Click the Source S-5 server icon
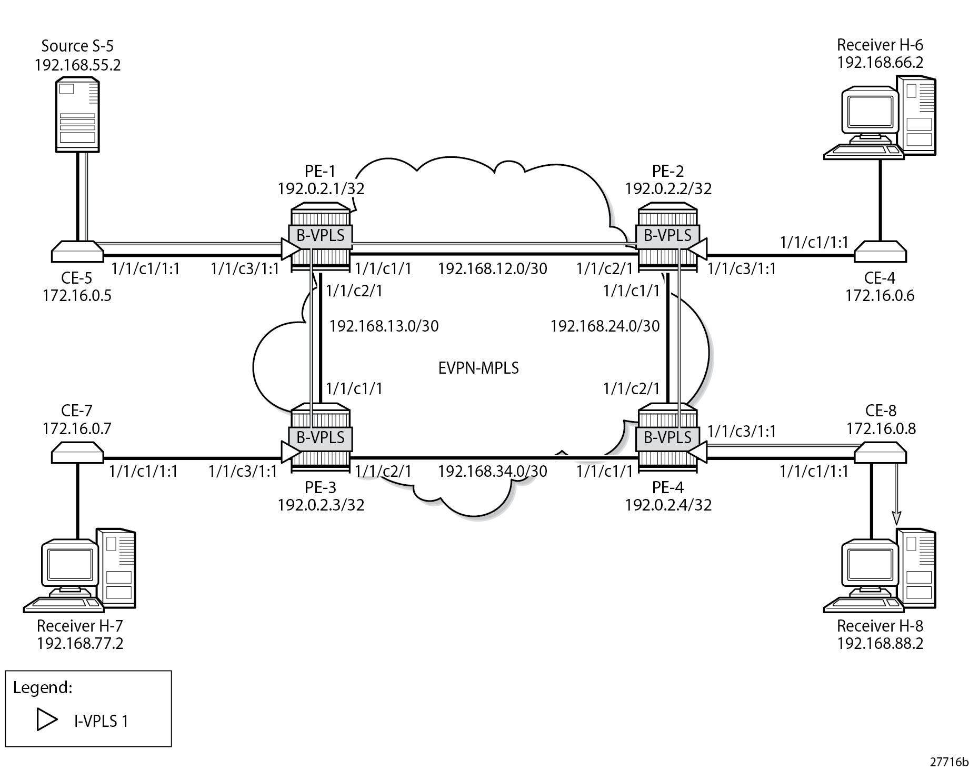77,115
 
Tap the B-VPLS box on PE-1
320,235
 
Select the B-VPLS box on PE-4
667,437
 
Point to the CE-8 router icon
880,453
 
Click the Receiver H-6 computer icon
880,117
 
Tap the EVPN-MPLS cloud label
478,367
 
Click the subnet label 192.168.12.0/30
492,269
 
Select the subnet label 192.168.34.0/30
492,471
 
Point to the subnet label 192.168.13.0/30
384,326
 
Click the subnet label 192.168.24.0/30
605,326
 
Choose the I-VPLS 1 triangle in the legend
47,720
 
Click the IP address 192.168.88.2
880,644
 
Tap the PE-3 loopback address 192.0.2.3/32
321,505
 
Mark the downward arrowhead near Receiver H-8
896,519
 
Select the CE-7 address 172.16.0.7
77,429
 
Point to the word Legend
43,687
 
